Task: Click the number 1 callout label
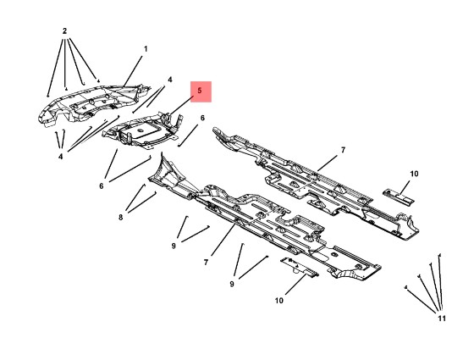[146, 49]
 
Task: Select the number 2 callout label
[64, 30]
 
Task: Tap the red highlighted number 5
[200, 91]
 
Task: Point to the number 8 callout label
[120, 217]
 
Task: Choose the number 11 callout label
[442, 318]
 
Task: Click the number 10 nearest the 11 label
[414, 174]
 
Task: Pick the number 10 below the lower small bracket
[279, 301]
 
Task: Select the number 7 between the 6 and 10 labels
[343, 151]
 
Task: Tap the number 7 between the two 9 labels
[207, 263]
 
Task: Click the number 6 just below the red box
[202, 118]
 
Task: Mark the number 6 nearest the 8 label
[102, 186]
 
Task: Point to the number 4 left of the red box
[170, 80]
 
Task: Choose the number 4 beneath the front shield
[61, 157]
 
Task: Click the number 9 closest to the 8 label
[174, 246]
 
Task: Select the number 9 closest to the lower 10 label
[232, 284]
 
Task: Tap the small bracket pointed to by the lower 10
[300, 267]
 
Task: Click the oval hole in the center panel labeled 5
[140, 130]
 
